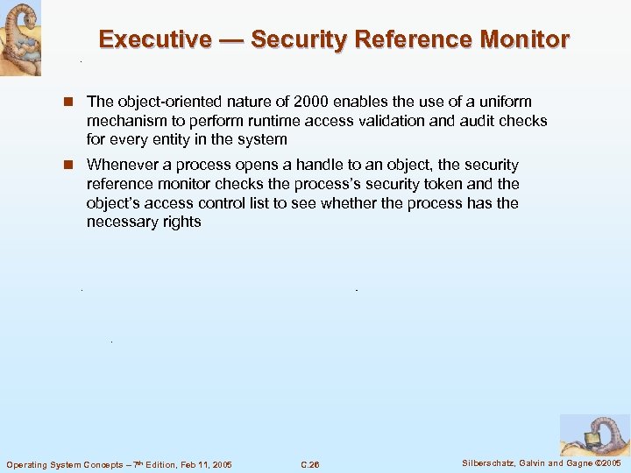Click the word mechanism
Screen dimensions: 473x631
pos(125,121)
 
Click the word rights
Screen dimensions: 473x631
pos(182,222)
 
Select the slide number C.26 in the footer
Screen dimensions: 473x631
pos(309,464)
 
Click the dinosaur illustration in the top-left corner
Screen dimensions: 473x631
pos(20,38)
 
